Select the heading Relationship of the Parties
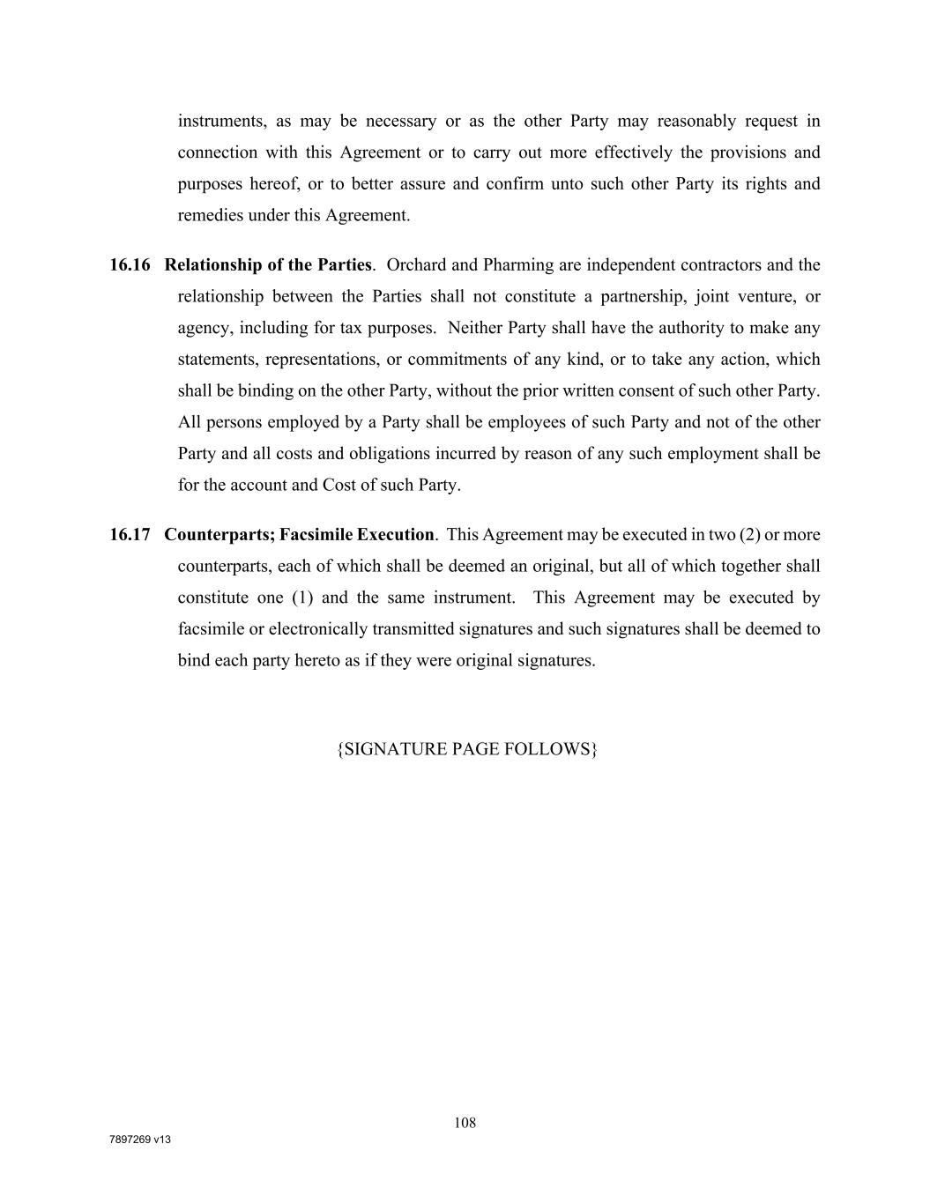click(268, 265)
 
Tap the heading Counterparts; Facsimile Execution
click(299, 535)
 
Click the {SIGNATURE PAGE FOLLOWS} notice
click(467, 749)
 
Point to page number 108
click(465, 1123)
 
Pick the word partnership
click(643, 297)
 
